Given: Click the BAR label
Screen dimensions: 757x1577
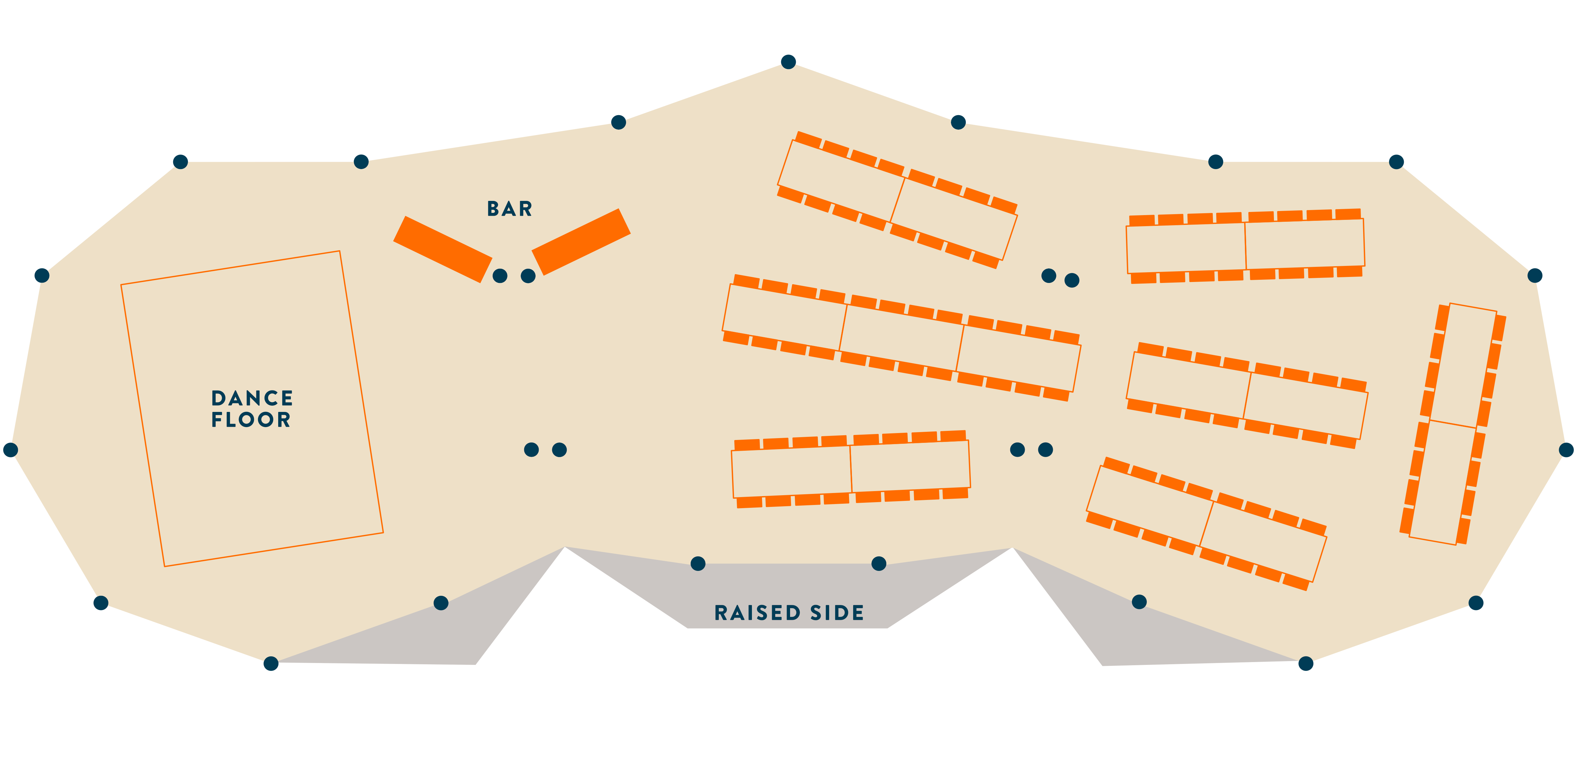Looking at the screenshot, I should (x=509, y=209).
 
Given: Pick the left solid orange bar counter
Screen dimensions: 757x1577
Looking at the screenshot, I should (x=443, y=249).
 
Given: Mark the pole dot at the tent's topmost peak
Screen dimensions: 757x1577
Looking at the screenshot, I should (x=788, y=62).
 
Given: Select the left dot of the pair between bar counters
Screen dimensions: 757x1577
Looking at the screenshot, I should (x=500, y=276).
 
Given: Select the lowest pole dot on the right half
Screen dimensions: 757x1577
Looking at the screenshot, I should (x=1306, y=663).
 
